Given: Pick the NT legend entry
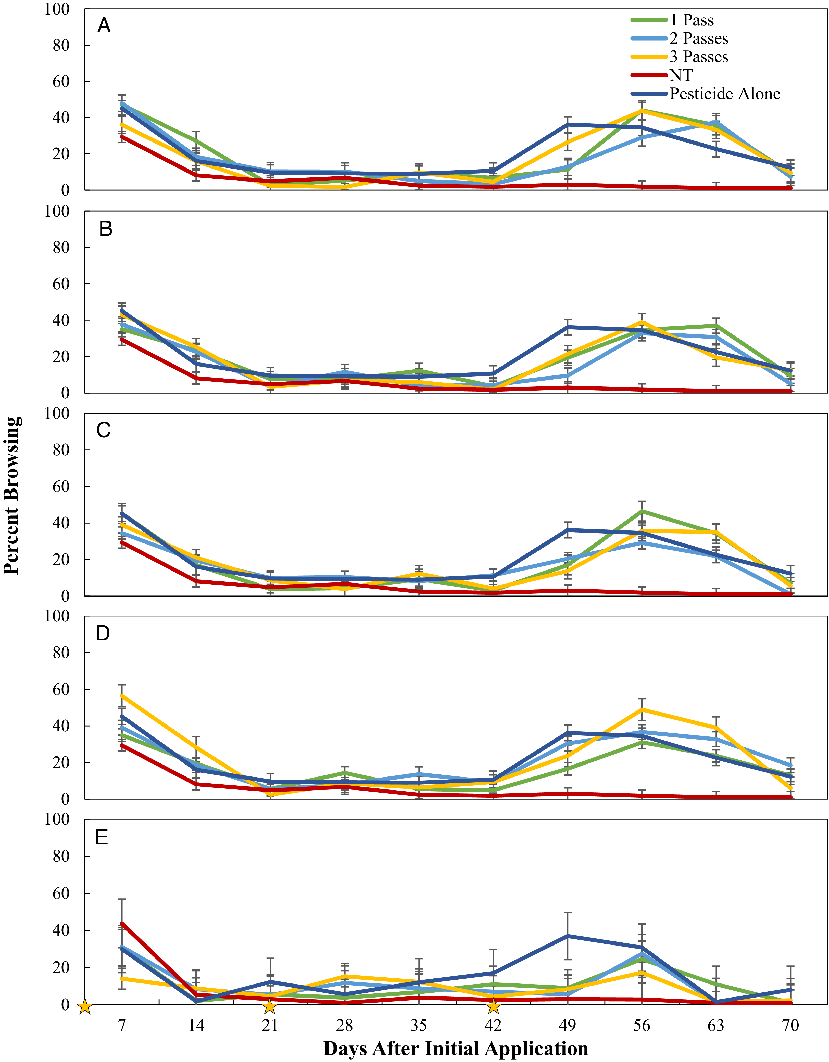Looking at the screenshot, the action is [662, 75].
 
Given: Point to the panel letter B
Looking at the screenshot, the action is [106, 229].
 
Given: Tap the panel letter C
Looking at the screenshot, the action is [104, 430].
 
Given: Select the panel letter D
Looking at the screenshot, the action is [103, 633].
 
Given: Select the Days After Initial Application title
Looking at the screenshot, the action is [456, 1049].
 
